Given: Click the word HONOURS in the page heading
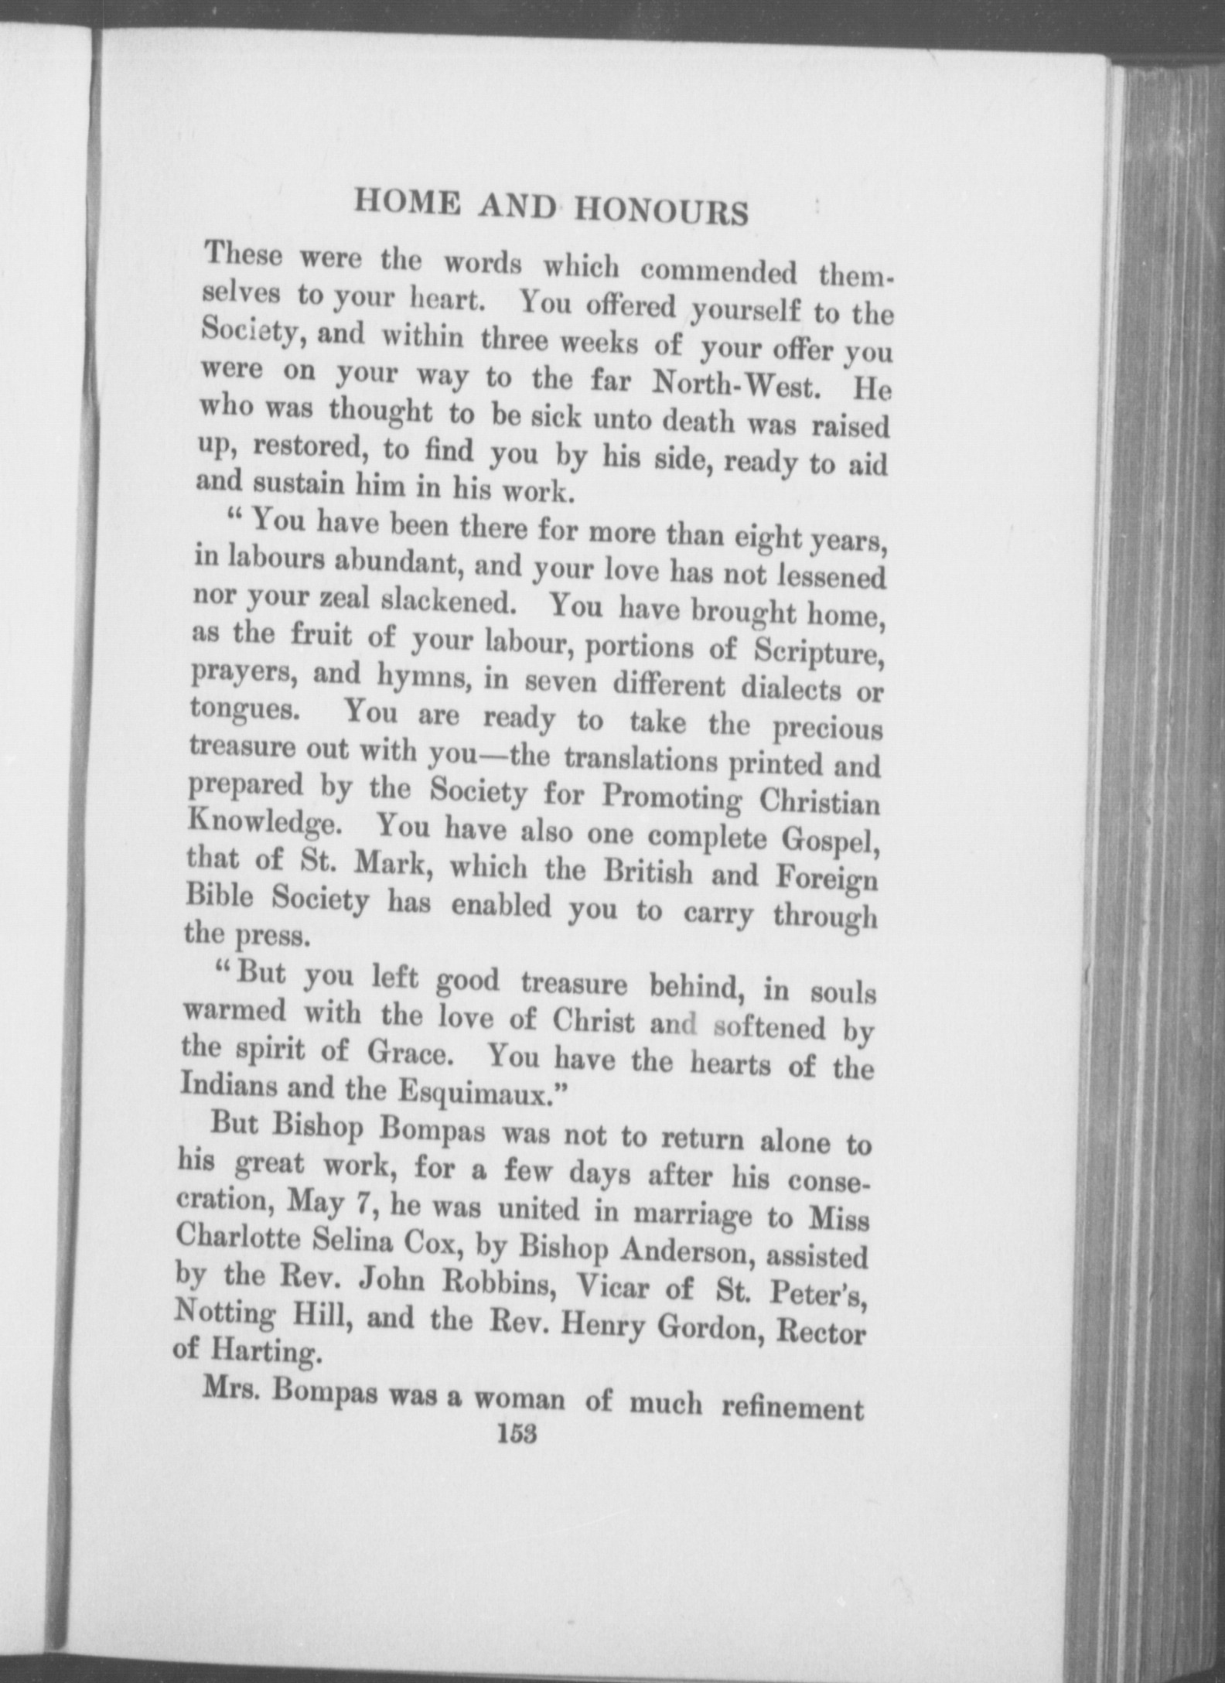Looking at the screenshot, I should click(x=661, y=211).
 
